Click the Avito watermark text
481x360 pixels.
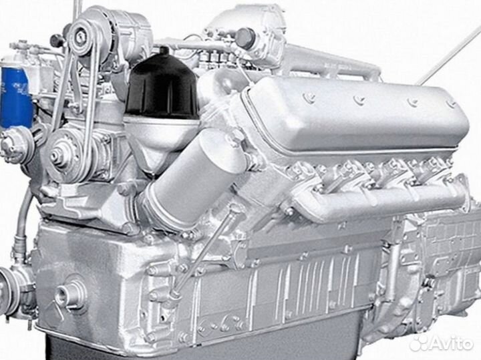tap(452, 343)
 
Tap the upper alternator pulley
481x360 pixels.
tap(82, 37)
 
